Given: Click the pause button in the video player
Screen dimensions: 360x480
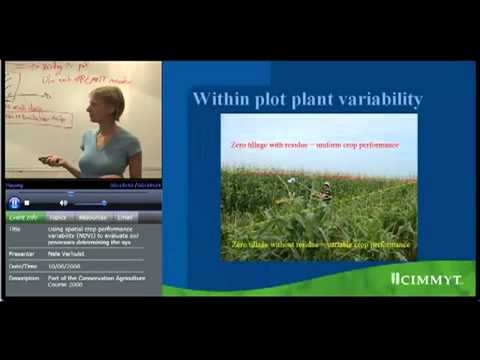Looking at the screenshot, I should coord(15,202).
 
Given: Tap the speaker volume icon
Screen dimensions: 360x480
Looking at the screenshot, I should coord(63,203).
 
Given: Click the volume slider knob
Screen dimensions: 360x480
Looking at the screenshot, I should coord(103,203).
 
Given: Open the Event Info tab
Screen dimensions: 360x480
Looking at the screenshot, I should coord(23,217).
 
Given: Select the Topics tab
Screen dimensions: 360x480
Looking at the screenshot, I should coord(58,217).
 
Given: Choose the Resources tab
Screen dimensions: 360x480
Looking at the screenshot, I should coord(93,217).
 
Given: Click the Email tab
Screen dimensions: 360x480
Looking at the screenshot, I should coord(125,217).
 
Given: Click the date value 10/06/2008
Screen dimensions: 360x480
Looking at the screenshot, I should coord(68,266).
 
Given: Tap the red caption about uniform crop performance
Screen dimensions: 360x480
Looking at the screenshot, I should coord(316,146).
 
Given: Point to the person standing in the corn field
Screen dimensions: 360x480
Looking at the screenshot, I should coord(327,190).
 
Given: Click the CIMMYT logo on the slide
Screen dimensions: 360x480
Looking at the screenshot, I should coord(427,279).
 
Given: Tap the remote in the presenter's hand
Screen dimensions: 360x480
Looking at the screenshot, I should coord(46,159).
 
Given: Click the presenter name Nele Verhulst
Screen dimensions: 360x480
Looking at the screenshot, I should coord(70,254).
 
